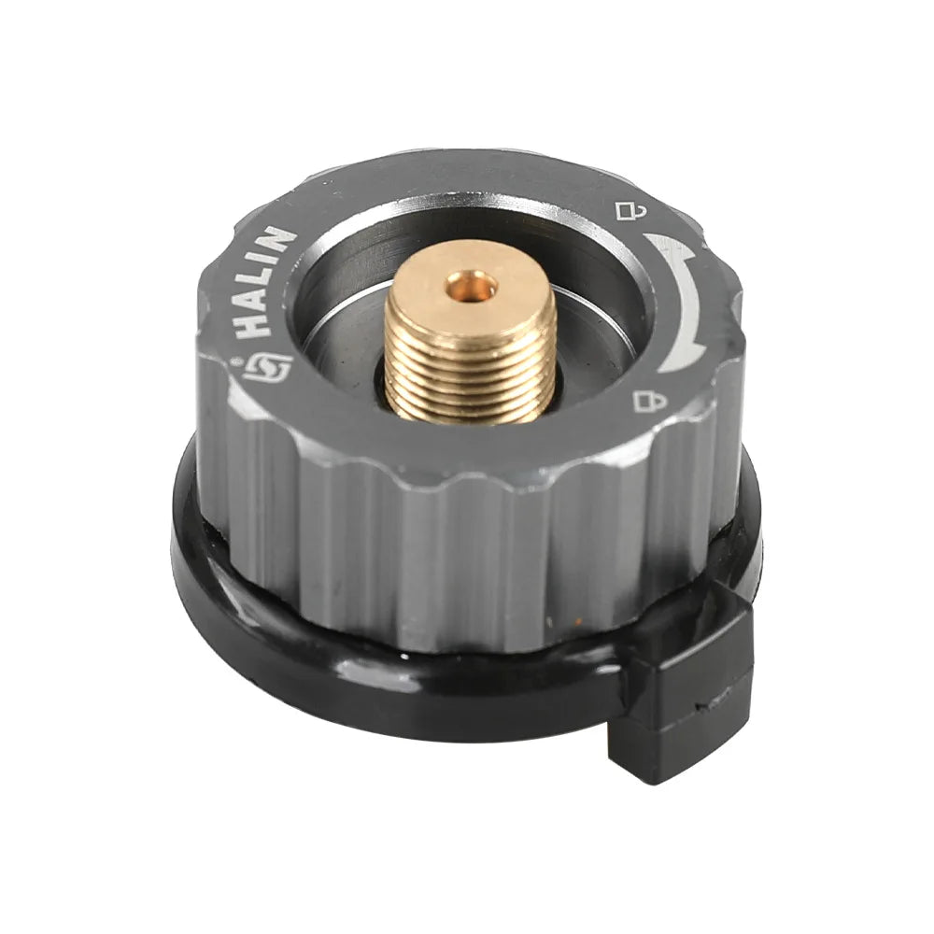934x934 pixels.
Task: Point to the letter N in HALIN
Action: (x=282, y=239)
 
